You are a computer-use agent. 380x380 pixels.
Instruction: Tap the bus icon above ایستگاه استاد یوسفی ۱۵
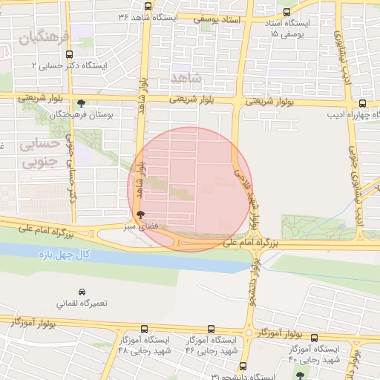click(286, 11)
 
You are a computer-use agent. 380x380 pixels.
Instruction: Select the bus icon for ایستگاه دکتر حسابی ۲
click(69, 54)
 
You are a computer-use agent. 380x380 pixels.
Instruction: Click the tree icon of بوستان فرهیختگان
click(81, 103)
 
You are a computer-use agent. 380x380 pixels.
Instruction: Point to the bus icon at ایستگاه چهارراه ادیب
click(361, 104)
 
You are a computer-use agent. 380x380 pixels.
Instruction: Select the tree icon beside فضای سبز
click(140, 214)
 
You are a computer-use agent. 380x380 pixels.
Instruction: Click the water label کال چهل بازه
click(65, 255)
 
